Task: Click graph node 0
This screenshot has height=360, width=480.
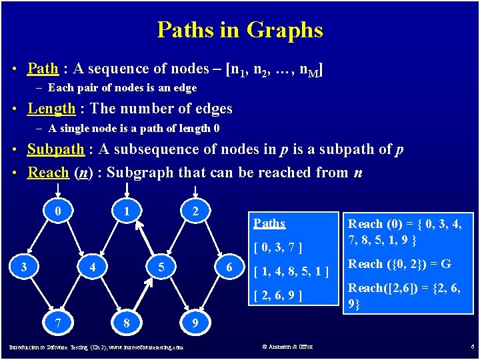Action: pos(59,211)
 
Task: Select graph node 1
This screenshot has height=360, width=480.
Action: pos(125,211)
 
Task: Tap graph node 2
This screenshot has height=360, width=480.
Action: pos(194,211)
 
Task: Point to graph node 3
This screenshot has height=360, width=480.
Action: pos(24,267)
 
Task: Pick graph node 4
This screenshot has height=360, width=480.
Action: pos(93,267)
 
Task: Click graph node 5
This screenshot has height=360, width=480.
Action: pos(161,267)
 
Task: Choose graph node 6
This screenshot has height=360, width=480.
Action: pos(229,267)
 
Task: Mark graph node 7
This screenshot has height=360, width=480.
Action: pos(59,323)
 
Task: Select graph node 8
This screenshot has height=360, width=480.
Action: pos(125,323)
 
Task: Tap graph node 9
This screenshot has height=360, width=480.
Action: pos(194,323)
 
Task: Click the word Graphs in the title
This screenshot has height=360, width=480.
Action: pos(285,30)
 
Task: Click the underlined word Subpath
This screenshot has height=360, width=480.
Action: pos(55,149)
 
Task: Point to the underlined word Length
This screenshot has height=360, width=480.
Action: pos(51,109)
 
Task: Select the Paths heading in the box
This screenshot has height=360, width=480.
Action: pos(269,224)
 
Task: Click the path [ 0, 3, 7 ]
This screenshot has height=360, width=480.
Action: pos(279,249)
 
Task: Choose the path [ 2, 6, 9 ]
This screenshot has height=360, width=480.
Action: pos(279,295)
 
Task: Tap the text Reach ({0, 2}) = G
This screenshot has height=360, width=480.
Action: pos(400,264)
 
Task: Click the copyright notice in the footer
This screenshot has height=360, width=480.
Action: pos(287,347)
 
